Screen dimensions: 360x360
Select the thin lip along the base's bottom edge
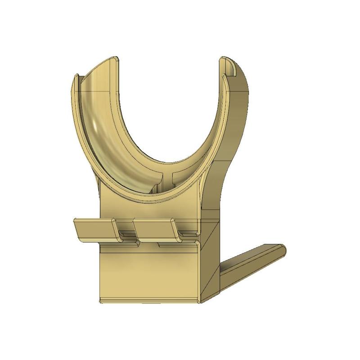(148, 299)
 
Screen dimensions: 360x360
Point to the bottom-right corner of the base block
(199, 301)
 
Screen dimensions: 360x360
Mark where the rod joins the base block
(223, 274)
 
